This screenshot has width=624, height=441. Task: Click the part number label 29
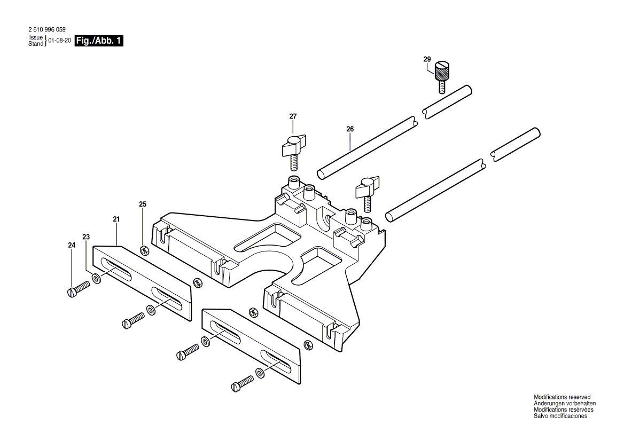coord(427,59)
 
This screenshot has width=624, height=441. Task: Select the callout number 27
coord(293,116)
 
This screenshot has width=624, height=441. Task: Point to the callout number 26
coord(350,129)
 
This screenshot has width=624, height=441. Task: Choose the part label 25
coord(143,204)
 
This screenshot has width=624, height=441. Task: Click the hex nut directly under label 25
coord(143,250)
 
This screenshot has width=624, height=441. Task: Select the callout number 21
coord(116,219)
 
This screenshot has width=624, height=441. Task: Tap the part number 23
coord(87,237)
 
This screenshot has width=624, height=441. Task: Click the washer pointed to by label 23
coord(96,278)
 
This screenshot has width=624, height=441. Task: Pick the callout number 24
coord(72,245)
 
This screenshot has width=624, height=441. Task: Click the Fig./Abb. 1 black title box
coord(99,41)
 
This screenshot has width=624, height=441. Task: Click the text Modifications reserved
coord(562,397)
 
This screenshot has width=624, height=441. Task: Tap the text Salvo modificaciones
coord(560,416)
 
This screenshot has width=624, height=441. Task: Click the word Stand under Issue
coord(36,44)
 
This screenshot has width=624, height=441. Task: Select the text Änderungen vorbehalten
coord(565,404)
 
